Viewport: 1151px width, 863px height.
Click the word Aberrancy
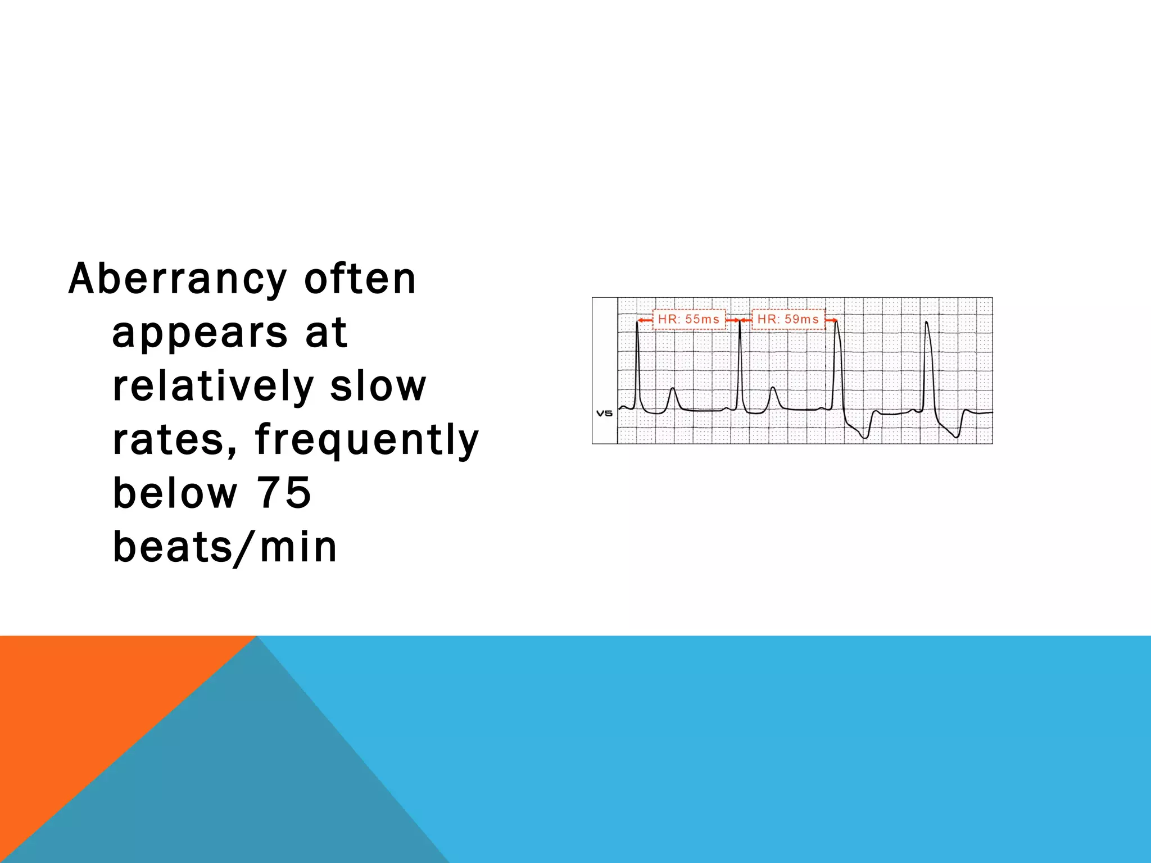tap(178, 279)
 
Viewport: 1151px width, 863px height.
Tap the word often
tap(360, 279)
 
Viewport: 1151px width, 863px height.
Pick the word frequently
tap(367, 440)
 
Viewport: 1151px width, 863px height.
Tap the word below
tap(175, 493)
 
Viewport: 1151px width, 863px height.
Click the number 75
tap(284, 493)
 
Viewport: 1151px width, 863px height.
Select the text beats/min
tap(225, 547)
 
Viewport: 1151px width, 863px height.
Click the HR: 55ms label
tap(688, 319)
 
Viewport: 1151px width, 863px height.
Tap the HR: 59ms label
tap(788, 319)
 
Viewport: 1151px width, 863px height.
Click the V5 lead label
tap(604, 414)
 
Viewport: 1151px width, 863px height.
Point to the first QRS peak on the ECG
tap(637, 322)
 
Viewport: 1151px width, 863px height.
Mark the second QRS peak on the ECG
tap(740, 321)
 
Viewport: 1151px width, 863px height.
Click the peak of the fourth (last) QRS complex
tap(926, 323)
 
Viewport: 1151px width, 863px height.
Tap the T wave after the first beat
tap(672, 389)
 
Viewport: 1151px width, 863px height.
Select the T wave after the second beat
tap(773, 388)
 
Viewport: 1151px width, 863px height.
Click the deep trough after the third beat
tap(865, 437)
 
